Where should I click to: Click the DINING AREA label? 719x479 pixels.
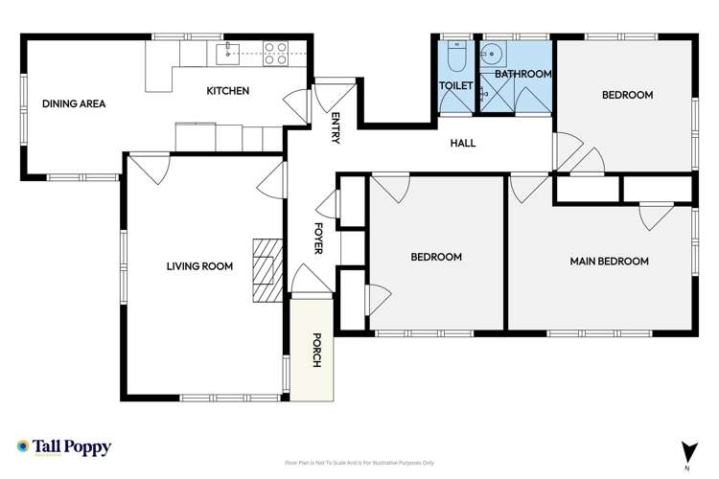point(74,103)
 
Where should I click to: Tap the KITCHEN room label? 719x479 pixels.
point(228,91)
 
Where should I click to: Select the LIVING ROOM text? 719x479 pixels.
point(199,267)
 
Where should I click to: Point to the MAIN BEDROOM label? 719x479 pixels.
point(609,261)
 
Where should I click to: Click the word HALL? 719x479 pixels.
point(463,144)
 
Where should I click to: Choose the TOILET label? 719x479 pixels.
point(454,86)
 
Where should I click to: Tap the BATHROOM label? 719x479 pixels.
point(523,74)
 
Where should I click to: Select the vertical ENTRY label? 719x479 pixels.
point(336,128)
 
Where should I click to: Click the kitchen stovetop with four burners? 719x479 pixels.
point(276,53)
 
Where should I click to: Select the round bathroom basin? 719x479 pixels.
point(494,53)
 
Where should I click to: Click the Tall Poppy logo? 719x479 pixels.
point(64,447)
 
